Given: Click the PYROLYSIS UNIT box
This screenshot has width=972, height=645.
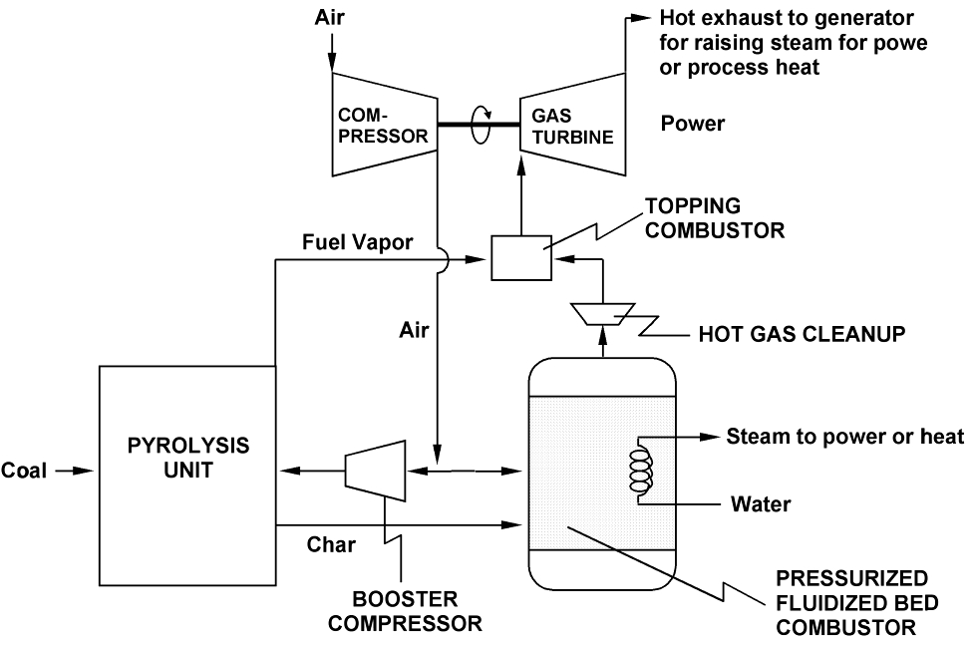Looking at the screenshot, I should [x=187, y=475].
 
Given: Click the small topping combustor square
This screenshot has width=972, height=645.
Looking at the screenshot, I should [x=520, y=258].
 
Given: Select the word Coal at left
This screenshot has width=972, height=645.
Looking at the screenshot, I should [x=24, y=470].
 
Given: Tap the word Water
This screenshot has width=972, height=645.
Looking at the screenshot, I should [x=761, y=503].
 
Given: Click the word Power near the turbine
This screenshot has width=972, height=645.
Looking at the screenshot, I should [x=693, y=125].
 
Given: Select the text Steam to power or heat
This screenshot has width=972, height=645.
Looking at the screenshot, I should [x=844, y=437].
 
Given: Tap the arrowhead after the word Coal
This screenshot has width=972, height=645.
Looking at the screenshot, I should [x=80, y=470].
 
